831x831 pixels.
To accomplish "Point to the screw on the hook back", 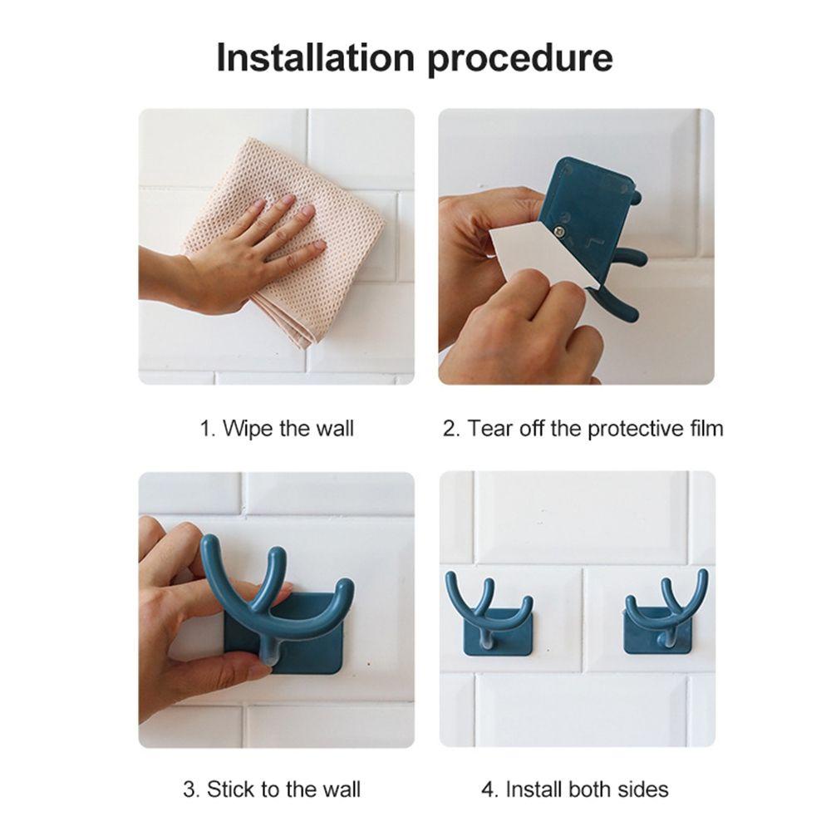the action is [559, 229].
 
